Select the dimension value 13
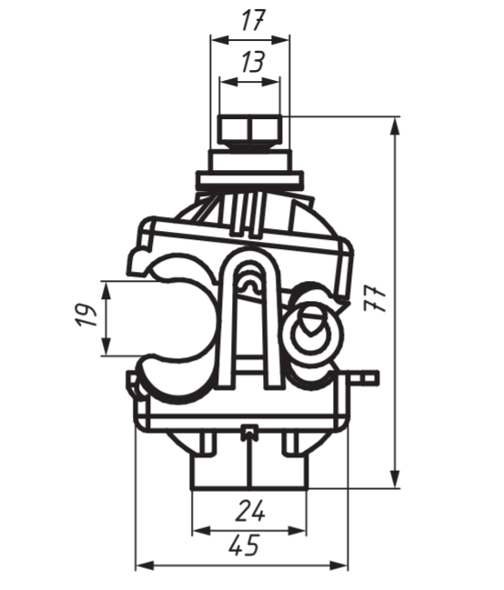click(x=253, y=62)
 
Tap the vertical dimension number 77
click(x=375, y=299)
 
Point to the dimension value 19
click(x=86, y=315)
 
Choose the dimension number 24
click(x=250, y=511)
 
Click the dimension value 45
click(x=244, y=545)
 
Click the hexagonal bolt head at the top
click(x=250, y=130)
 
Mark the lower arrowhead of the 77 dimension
click(x=395, y=478)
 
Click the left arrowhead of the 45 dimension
click(x=145, y=565)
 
